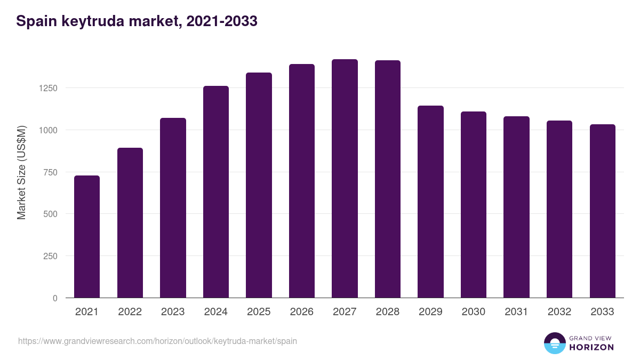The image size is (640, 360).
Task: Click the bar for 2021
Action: click(87, 237)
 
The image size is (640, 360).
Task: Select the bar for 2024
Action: click(216, 192)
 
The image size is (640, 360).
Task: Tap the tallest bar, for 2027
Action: click(345, 179)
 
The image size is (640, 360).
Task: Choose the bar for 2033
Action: click(602, 211)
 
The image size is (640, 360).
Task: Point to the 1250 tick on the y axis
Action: click(47, 88)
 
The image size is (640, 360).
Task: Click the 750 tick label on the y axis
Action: click(50, 172)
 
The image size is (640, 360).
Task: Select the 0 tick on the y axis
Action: click(54, 298)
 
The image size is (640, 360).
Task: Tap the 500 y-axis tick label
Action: click(50, 214)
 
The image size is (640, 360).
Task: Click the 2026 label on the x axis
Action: click(302, 312)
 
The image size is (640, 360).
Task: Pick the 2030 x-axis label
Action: click(474, 312)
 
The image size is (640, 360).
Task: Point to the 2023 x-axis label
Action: click(173, 312)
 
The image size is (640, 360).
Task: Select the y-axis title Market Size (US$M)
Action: click(21, 172)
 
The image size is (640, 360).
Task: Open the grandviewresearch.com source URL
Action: click(157, 341)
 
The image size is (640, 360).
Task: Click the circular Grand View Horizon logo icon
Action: click(554, 343)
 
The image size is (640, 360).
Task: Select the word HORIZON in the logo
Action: click(591, 347)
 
